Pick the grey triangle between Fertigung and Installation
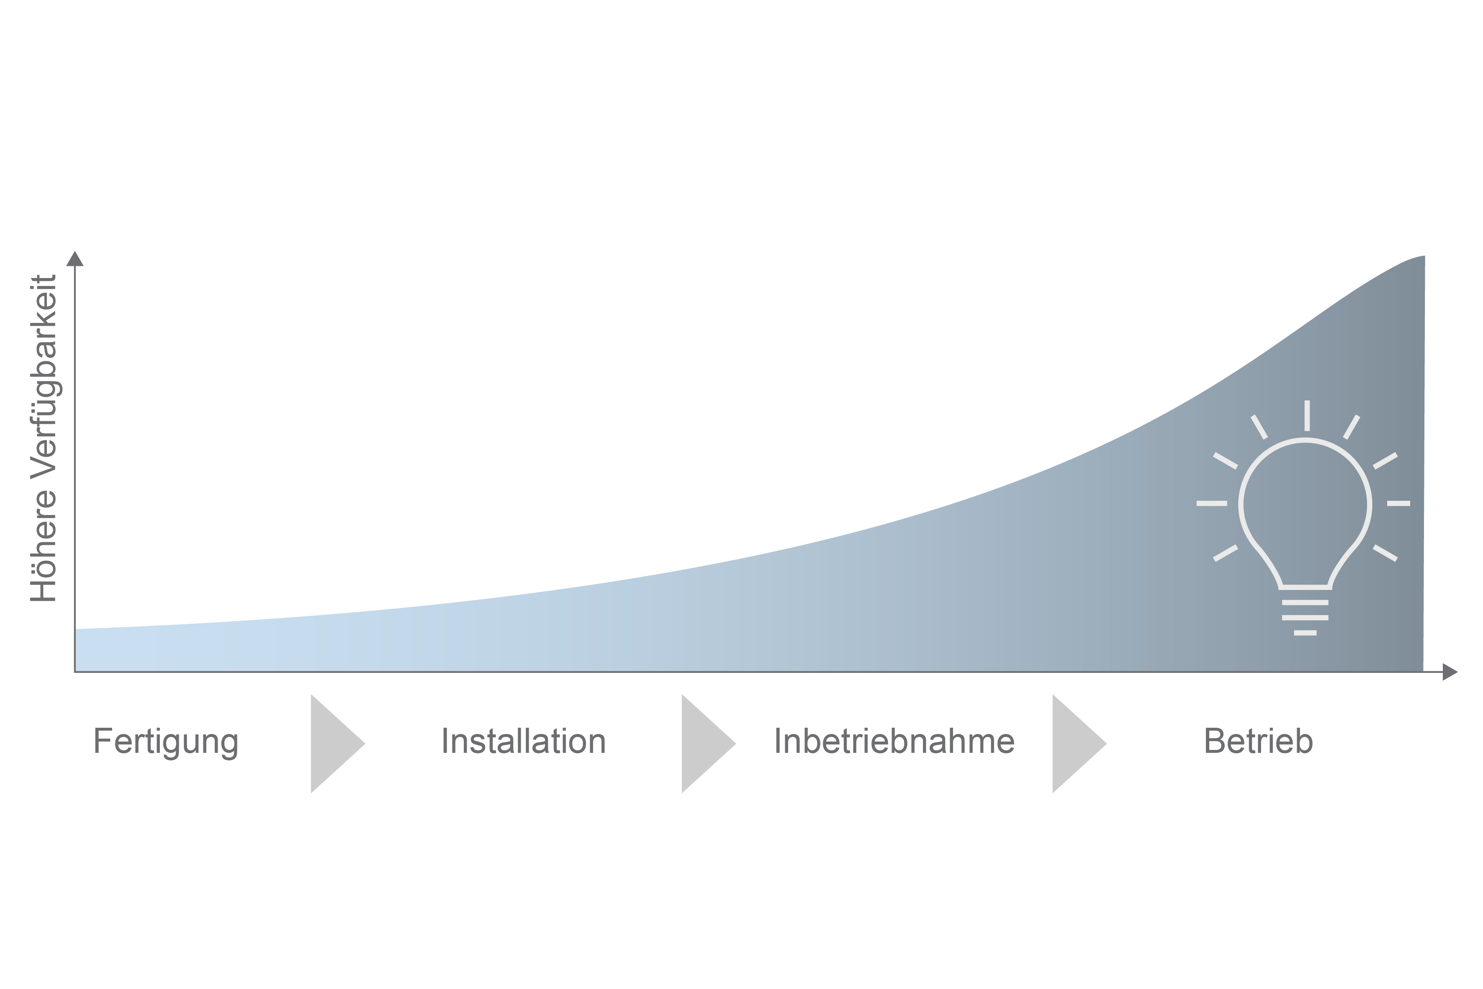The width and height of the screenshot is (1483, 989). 338,744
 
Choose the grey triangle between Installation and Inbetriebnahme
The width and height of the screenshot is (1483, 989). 709,744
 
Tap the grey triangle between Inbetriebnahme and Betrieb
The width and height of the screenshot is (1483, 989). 1079,744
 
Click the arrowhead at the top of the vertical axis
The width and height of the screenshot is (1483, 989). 75,259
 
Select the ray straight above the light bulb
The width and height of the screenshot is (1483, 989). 1307,416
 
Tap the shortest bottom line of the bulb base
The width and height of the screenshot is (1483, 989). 1305,633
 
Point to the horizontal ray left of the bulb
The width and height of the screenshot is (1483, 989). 1212,503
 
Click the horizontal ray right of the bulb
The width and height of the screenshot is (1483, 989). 1398,503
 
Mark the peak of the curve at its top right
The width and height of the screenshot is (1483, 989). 1424,257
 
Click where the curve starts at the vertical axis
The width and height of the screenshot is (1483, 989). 76,629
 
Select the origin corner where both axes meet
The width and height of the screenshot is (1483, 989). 75,672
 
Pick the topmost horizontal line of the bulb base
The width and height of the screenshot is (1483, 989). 1305,603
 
